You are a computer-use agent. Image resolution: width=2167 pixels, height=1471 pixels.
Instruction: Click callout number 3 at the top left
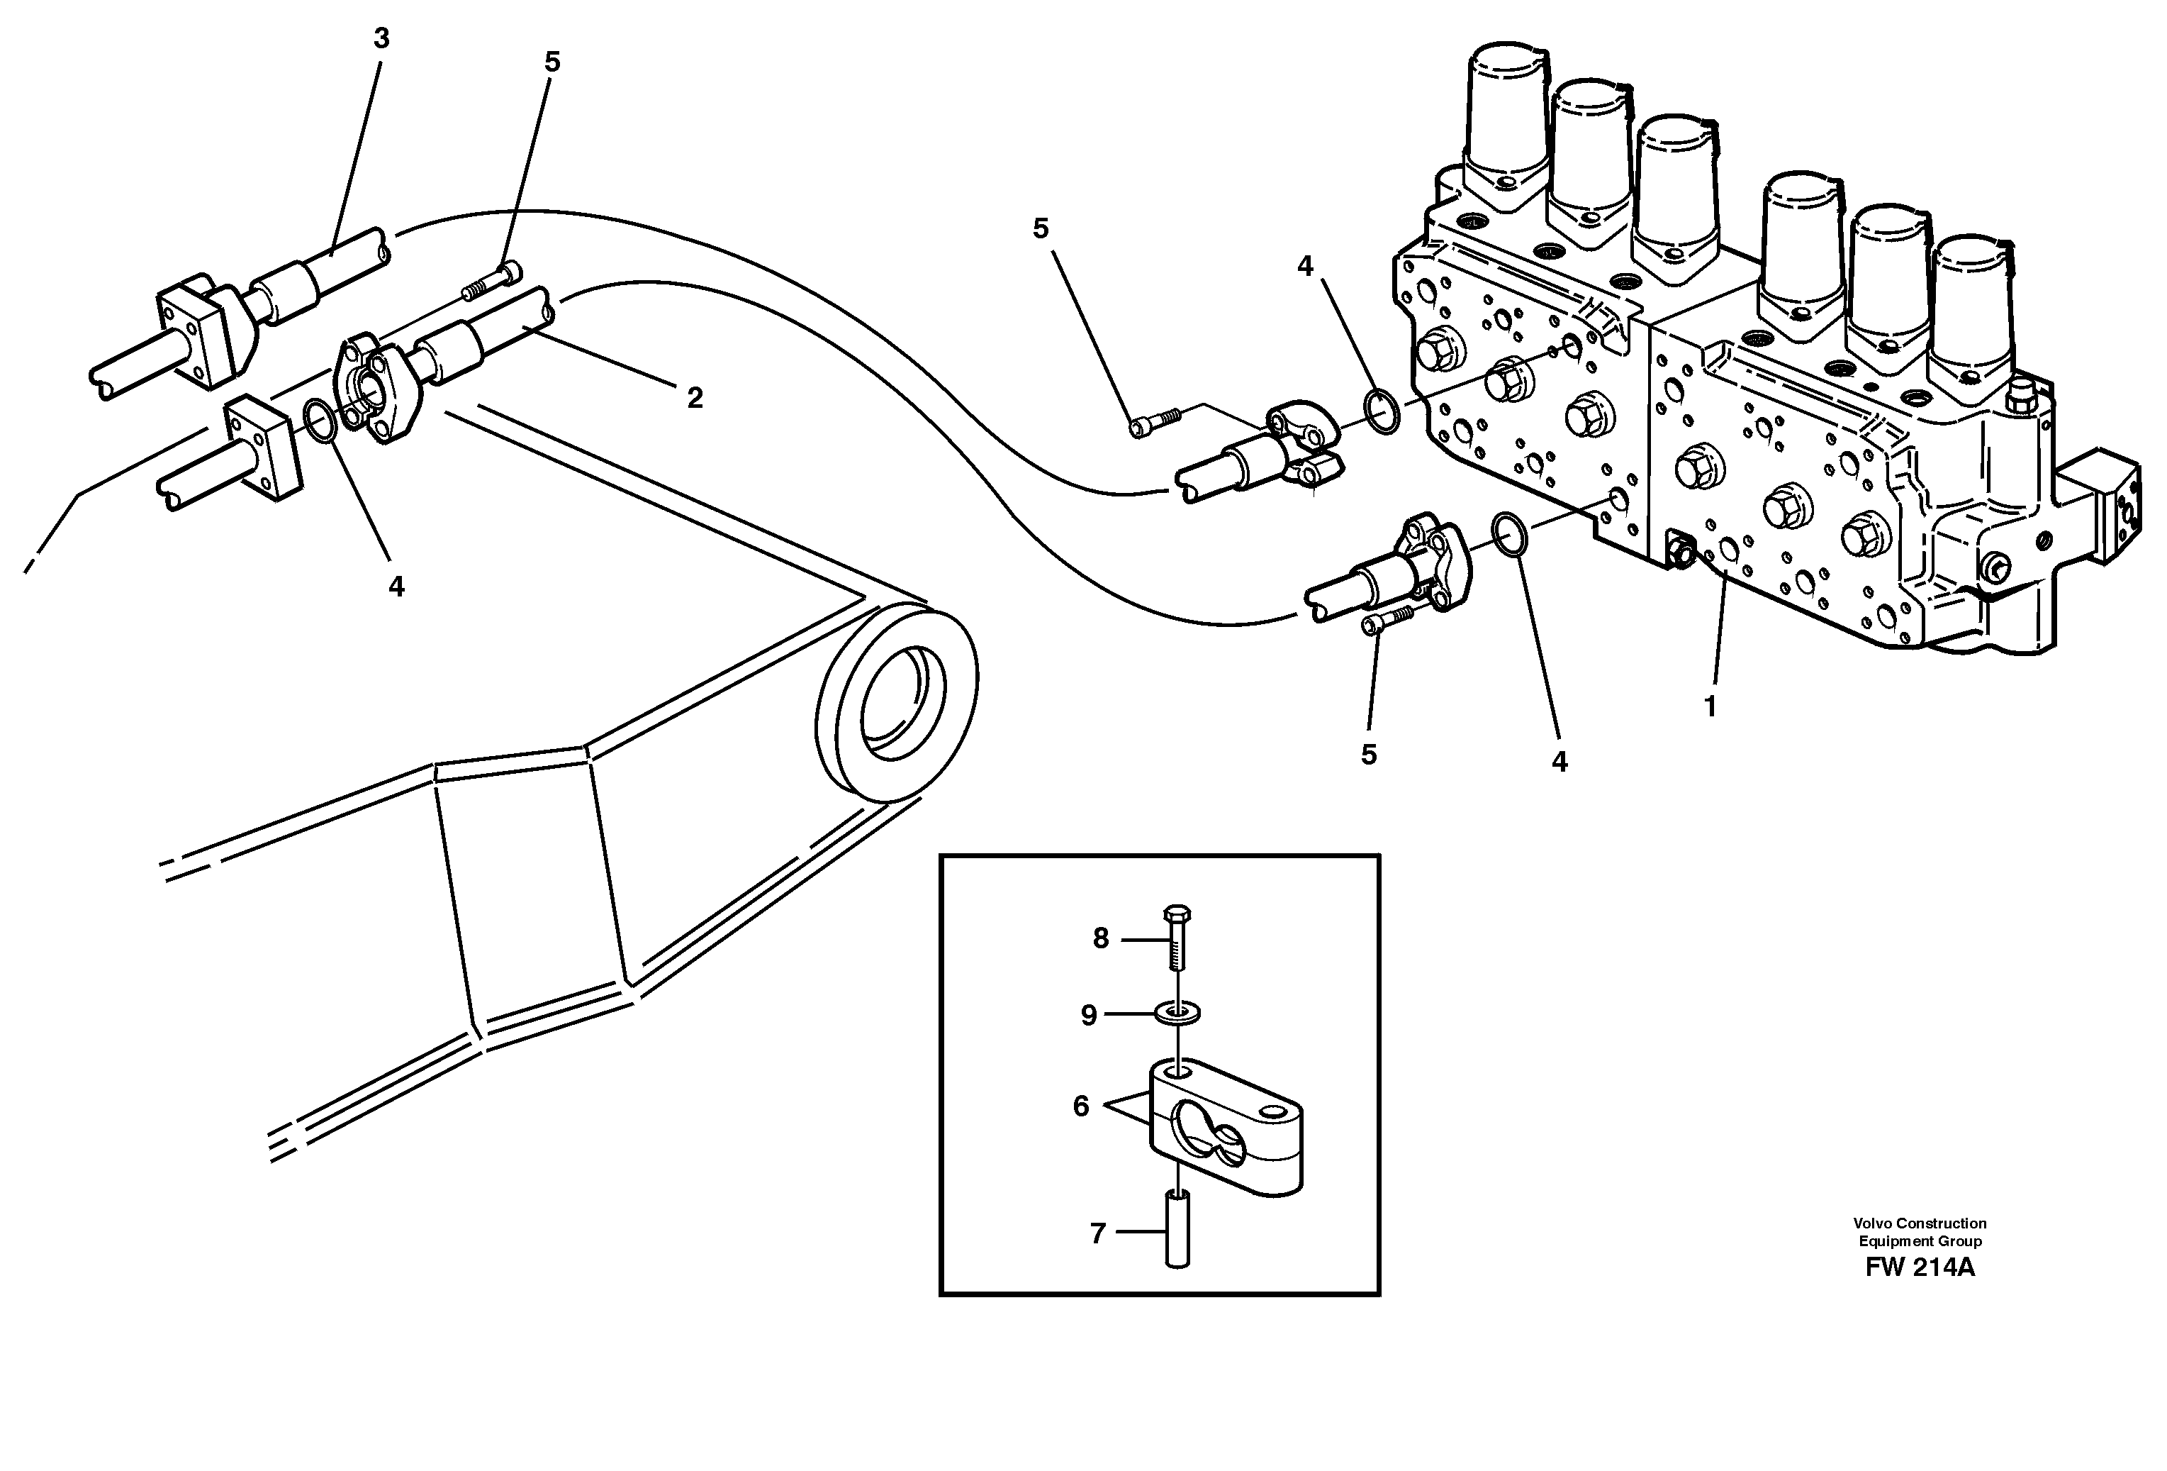point(381,39)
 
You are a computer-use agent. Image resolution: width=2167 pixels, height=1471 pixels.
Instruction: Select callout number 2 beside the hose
point(694,399)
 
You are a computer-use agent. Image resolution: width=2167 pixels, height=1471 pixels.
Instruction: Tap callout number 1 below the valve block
point(1709,708)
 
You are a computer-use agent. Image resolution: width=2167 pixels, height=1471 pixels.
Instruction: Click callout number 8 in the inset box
point(1100,939)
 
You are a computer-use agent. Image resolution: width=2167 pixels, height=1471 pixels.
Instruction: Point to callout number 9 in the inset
point(1088,1016)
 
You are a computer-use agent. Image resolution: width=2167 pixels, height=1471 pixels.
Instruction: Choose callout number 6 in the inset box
point(1081,1107)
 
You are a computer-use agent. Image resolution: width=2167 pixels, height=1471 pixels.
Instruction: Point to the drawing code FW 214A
point(1919,1269)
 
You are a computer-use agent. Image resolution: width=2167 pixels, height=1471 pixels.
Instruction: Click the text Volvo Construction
point(1919,1223)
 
